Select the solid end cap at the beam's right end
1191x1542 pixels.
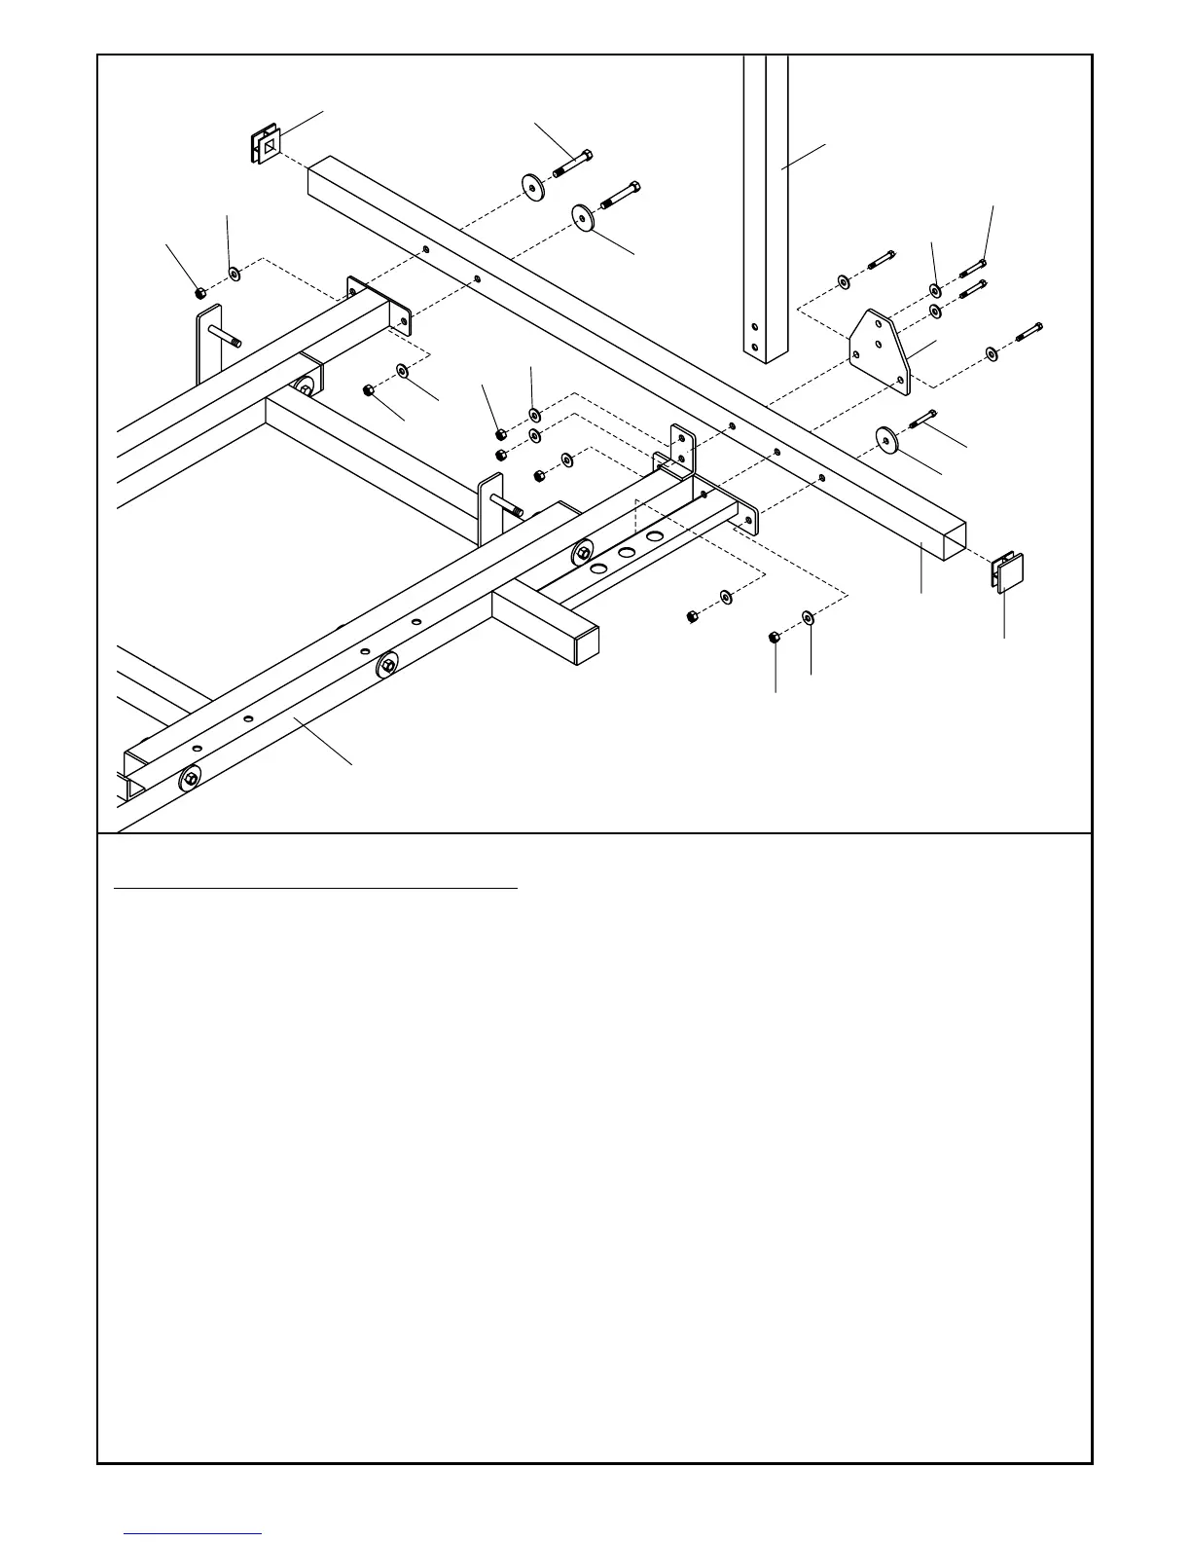point(1008,571)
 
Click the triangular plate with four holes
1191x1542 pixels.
point(880,352)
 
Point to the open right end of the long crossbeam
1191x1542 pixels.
point(948,538)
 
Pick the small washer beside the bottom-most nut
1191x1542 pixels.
point(808,617)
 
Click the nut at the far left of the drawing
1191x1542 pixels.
point(199,292)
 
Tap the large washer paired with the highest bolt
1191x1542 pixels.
point(532,186)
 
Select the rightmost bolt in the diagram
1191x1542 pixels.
point(1029,332)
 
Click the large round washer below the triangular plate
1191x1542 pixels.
point(886,439)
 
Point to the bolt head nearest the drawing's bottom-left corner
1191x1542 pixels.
point(190,780)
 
